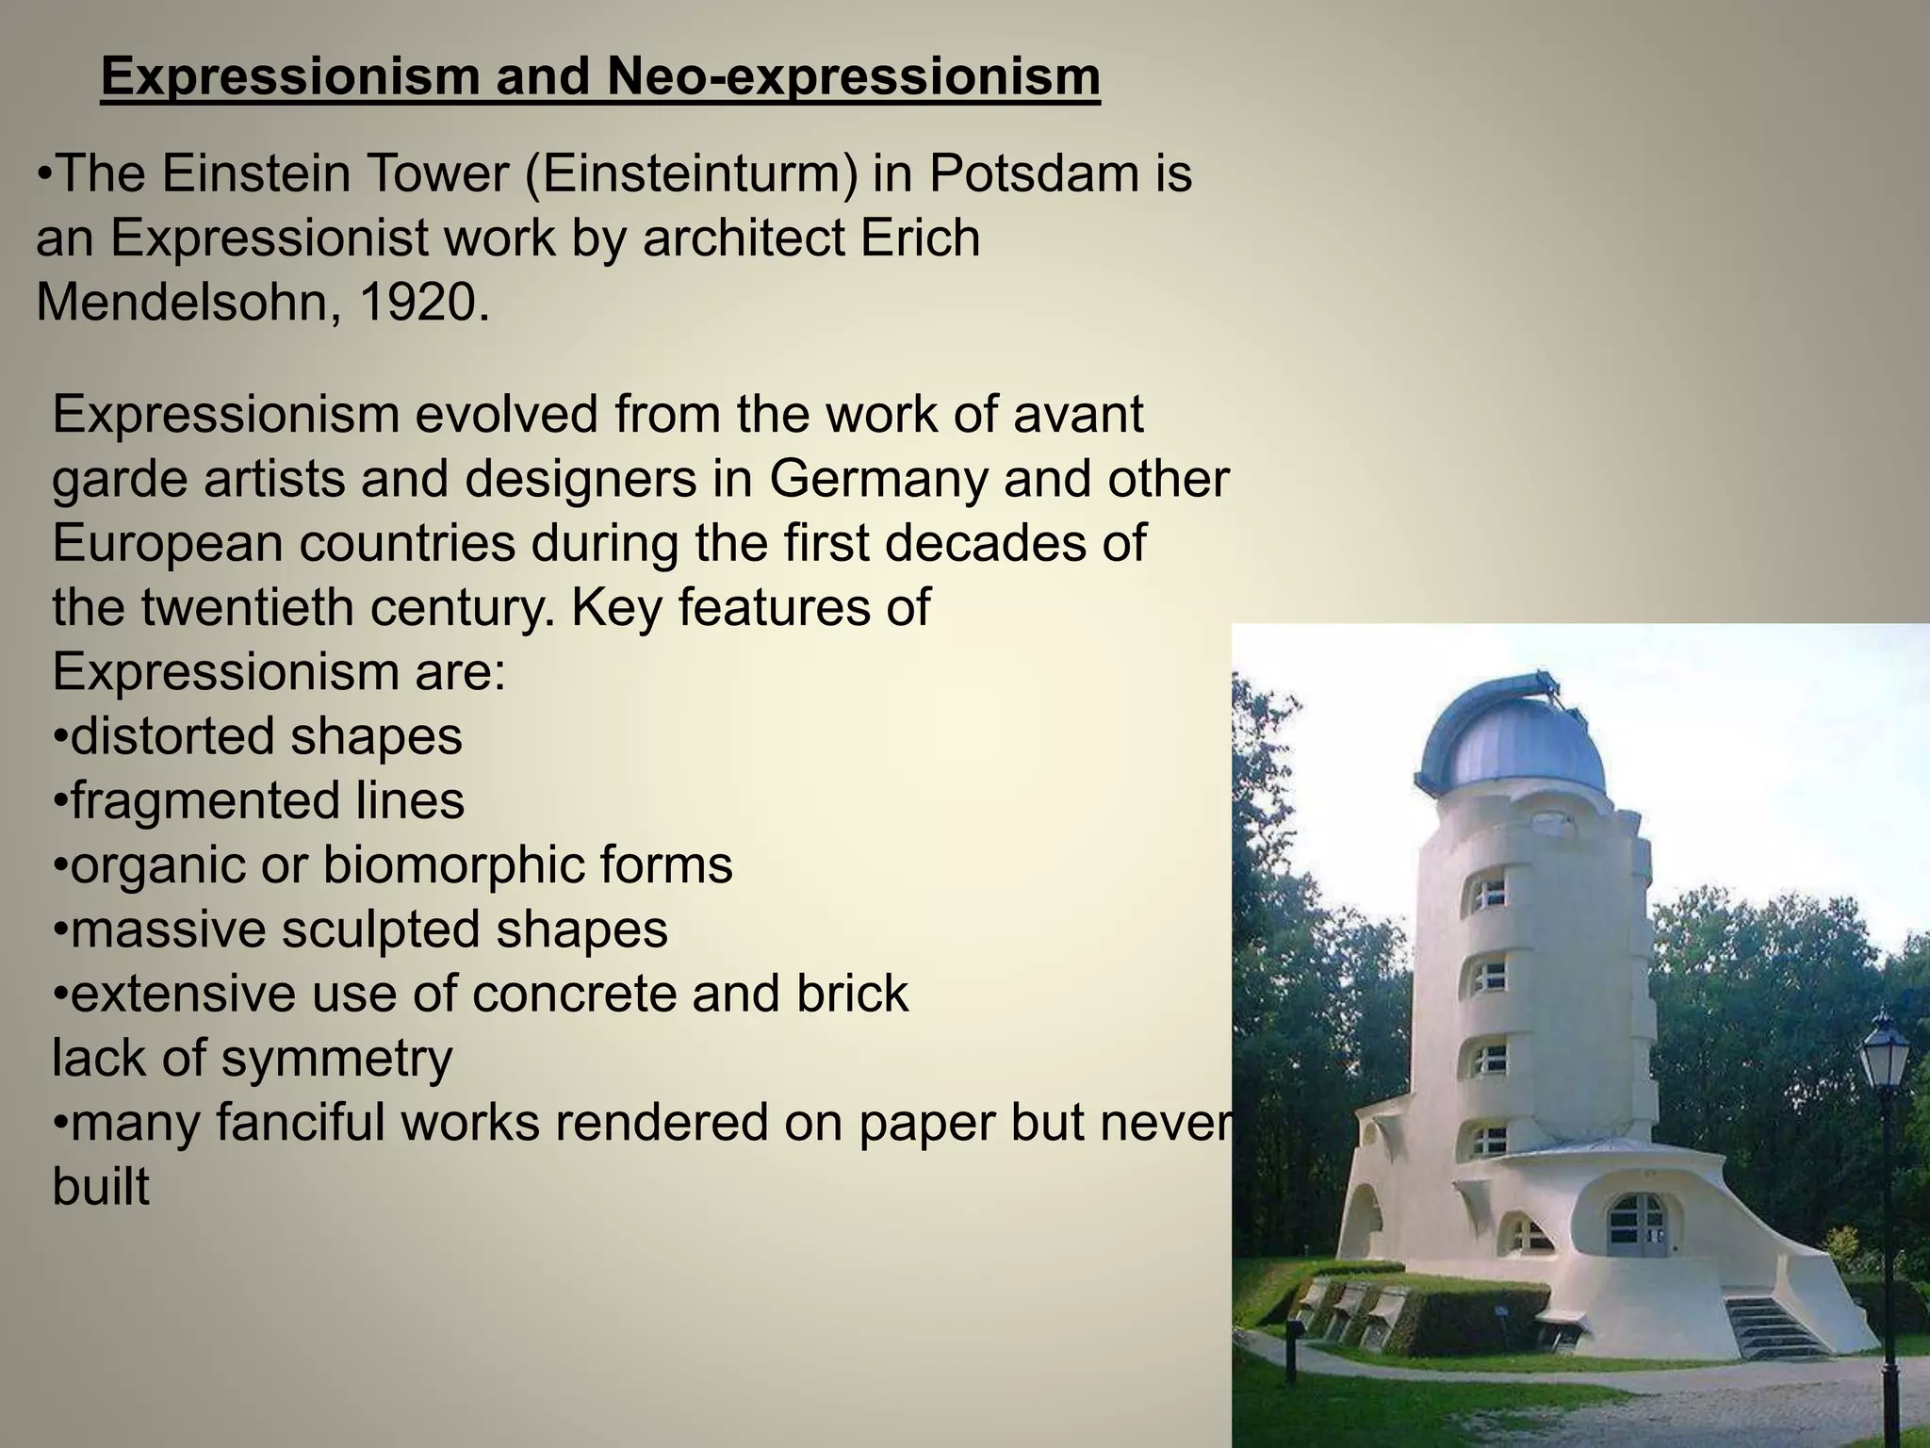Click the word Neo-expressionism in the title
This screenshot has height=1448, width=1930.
[854, 77]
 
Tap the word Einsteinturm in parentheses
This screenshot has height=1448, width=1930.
[691, 175]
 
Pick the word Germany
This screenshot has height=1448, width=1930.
[877, 479]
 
